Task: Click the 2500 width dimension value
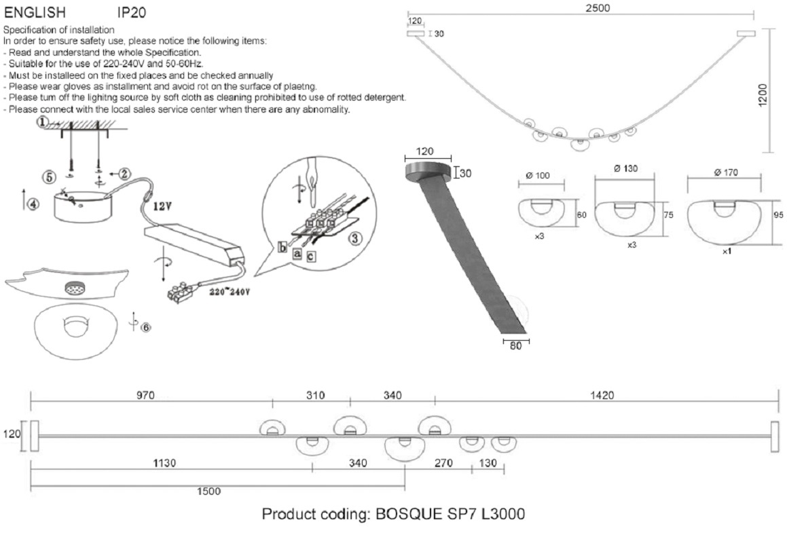point(597,8)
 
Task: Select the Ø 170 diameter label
point(726,173)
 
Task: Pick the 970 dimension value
point(150,395)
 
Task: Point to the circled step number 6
point(145,327)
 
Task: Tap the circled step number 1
point(42,122)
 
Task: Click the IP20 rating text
point(132,12)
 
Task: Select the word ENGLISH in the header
point(35,12)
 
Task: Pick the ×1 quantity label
point(726,251)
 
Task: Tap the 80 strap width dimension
point(515,345)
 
